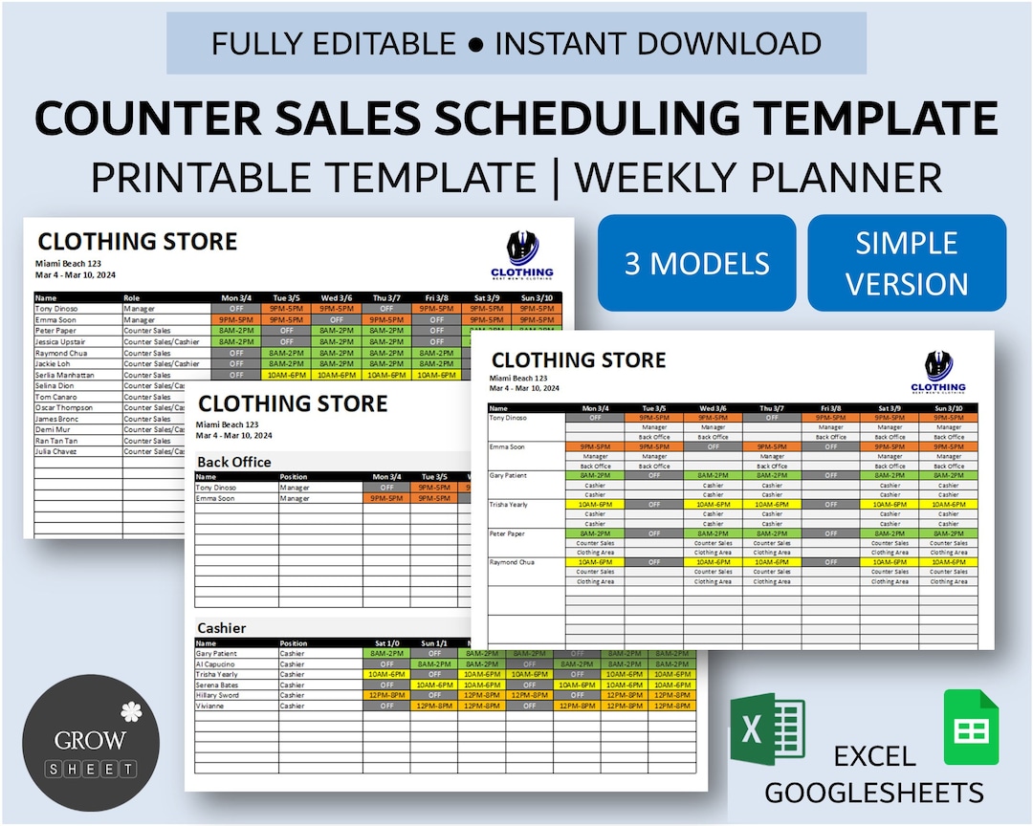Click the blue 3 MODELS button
[x=696, y=263]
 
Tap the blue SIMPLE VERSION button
[x=907, y=263]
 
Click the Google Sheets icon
[x=971, y=728]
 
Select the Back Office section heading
[x=234, y=462]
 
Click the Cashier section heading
[x=221, y=628]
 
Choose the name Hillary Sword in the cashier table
[x=217, y=695]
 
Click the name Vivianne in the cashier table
[x=210, y=706]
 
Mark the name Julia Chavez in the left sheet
[x=57, y=451]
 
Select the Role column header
[x=132, y=297]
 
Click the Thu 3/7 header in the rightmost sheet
[x=771, y=408]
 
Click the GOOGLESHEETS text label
[x=874, y=792]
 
